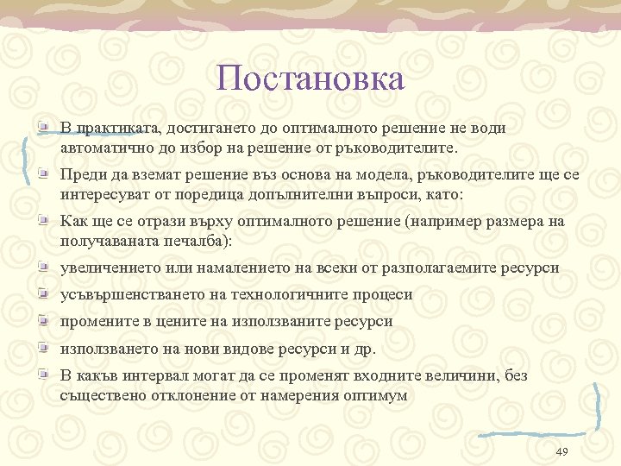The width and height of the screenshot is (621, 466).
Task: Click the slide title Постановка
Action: pos(310,79)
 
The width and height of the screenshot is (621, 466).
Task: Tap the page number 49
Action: pos(561,452)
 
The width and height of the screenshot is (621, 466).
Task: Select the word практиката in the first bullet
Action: pos(110,128)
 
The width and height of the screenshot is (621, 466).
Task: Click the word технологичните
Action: pos(266,294)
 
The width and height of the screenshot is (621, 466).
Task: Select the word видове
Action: pos(241,349)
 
